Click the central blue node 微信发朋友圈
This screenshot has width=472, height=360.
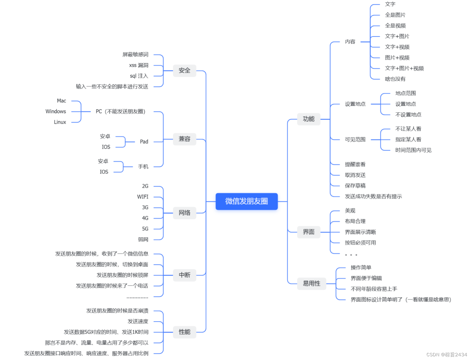tap(247, 201)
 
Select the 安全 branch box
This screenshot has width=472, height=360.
tap(184, 71)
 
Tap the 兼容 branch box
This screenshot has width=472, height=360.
tap(184, 139)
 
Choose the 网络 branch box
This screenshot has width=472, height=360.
tap(184, 213)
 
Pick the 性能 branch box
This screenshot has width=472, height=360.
tap(184, 332)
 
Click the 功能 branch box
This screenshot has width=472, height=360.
tap(308, 119)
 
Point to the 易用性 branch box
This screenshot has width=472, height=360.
tap(311, 283)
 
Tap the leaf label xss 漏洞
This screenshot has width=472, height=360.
tap(139, 65)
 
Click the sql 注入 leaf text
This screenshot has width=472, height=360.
tap(139, 76)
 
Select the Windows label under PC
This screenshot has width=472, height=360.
tap(56, 111)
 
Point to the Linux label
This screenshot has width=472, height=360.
tap(60, 122)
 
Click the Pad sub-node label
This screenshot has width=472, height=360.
tap(144, 142)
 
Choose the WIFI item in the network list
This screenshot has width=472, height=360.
tap(143, 197)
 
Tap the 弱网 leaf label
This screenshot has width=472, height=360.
tap(143, 239)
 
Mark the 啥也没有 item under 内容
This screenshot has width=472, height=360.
tap(395, 79)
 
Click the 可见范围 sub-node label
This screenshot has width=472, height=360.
tap(355, 139)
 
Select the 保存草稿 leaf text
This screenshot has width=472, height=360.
tap(355, 186)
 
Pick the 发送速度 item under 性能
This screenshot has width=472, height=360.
tap(138, 321)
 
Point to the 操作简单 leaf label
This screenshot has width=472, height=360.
tap(361, 268)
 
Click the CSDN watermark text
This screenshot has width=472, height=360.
tap(446, 354)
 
